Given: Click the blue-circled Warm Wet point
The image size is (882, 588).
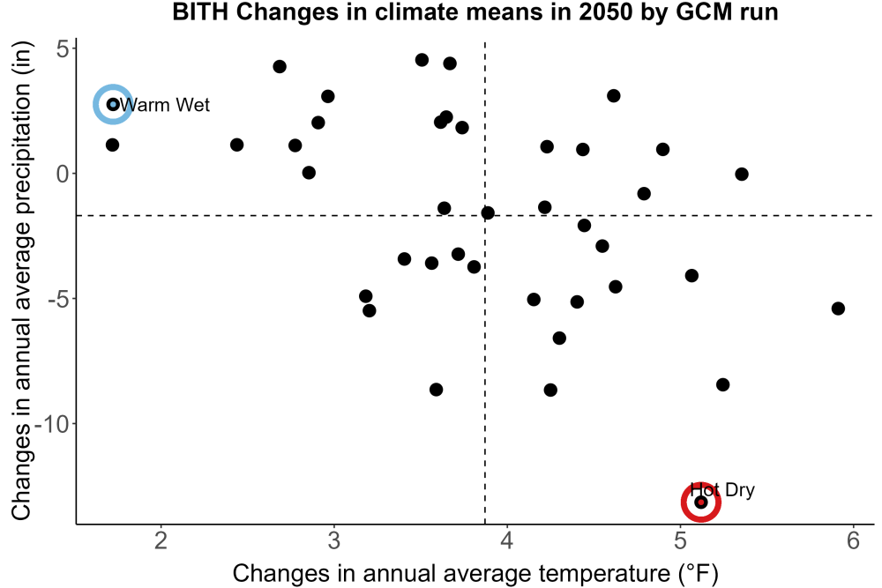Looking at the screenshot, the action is tap(113, 104).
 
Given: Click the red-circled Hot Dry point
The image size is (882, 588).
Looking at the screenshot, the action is tap(701, 502).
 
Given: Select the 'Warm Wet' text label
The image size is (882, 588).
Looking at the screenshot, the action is tap(164, 105).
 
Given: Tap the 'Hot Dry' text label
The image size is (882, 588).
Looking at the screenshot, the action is tap(722, 489).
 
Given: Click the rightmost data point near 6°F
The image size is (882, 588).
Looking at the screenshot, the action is tap(838, 308).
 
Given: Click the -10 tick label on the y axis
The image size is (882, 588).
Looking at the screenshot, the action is tap(52, 423).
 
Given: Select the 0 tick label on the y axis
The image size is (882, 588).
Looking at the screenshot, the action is tap(62, 174).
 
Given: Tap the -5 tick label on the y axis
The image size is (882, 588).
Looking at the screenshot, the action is tap(58, 299).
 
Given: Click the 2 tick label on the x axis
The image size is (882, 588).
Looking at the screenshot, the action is tap(161, 540).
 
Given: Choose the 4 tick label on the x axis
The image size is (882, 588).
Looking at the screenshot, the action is tap(507, 540).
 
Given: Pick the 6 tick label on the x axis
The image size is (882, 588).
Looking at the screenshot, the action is tap(853, 540).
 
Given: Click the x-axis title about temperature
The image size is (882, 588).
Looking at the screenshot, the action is tap(475, 573).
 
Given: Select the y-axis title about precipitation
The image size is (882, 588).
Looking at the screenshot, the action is tap(21, 280).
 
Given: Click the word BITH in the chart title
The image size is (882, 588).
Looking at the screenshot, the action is tap(201, 11).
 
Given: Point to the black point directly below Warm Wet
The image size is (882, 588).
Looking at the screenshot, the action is tap(113, 145).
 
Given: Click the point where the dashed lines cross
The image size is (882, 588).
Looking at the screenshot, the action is tap(485, 215).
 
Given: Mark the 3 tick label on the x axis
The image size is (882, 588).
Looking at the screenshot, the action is tap(334, 540).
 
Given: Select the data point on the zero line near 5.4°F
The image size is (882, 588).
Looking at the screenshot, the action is tap(742, 174).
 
